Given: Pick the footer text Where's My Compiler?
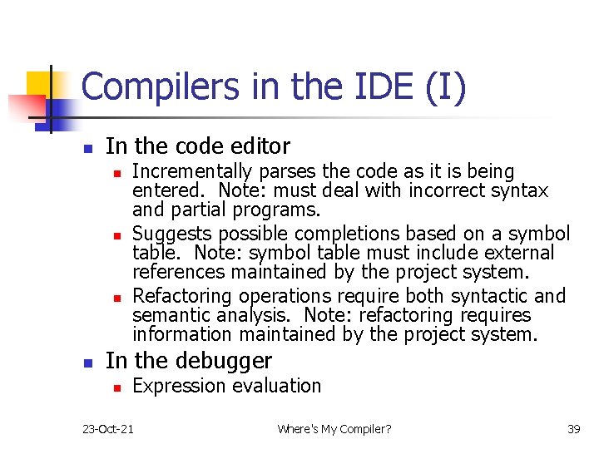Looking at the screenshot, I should [x=334, y=429].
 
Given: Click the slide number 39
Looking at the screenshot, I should [x=573, y=429].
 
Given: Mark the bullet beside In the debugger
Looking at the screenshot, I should [x=88, y=363].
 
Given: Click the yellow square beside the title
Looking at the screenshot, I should [x=37, y=84].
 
